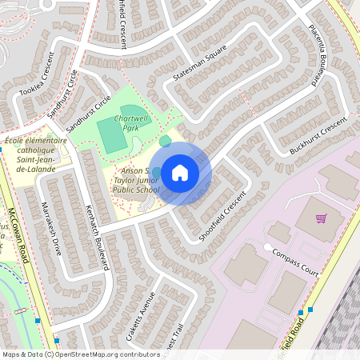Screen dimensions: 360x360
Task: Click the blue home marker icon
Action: coord(180,173)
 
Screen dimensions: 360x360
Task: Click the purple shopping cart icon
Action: coord(321,218)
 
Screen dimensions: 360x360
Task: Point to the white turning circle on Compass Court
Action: coord(266,247)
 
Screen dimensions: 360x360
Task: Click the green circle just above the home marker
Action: coord(165,142)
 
